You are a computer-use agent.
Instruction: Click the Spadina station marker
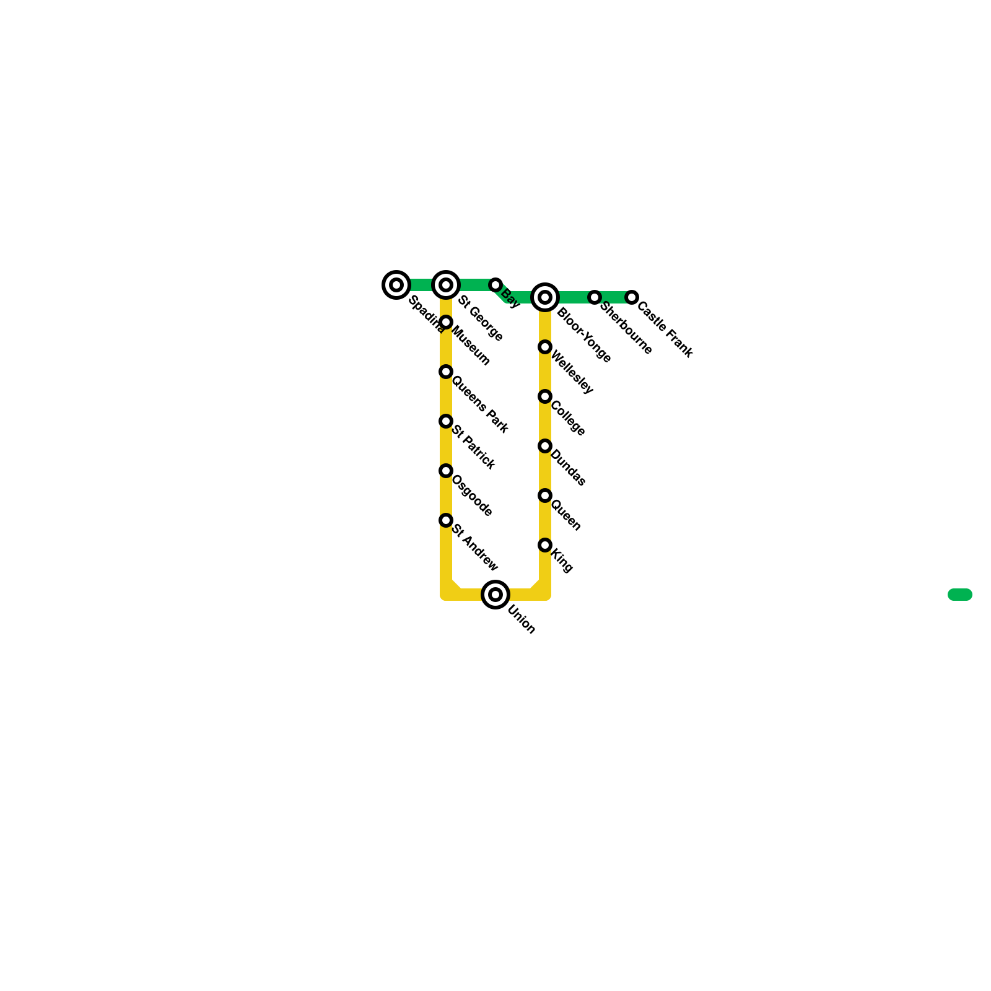click(396, 285)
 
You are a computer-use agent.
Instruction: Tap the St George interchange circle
click(446, 285)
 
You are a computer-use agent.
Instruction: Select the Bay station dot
click(495, 285)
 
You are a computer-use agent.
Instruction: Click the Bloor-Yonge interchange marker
click(545, 297)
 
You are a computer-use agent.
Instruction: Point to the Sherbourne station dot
click(595, 297)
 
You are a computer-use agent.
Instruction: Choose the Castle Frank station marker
click(632, 297)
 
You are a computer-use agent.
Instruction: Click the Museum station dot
click(446, 322)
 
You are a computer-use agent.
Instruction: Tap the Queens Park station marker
click(446, 372)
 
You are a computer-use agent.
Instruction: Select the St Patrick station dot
click(446, 421)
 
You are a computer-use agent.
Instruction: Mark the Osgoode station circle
click(446, 471)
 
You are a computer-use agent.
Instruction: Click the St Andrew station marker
click(446, 520)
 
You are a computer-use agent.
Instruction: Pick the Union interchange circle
click(495, 595)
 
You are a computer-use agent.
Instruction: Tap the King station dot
click(545, 545)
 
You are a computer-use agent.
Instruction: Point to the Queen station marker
click(545, 495)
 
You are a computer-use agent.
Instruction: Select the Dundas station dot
click(545, 446)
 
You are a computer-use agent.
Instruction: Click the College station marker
click(545, 396)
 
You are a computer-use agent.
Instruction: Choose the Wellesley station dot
click(545, 347)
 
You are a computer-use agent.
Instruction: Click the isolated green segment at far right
click(960, 595)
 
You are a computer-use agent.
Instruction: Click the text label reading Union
click(521, 619)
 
